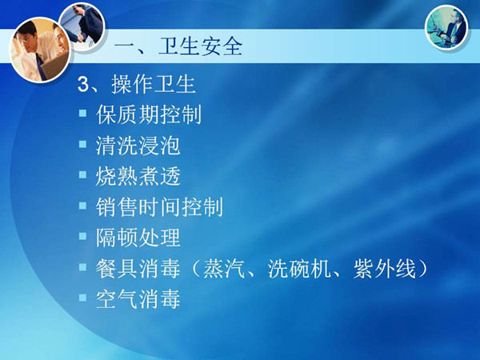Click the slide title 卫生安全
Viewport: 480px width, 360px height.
(201, 47)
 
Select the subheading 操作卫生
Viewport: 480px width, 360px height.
(154, 84)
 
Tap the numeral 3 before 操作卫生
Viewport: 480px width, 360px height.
(83, 84)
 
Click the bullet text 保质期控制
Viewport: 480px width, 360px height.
(149, 114)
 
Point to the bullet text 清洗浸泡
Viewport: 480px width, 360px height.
(138, 146)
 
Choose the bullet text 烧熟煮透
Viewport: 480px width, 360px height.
(138, 176)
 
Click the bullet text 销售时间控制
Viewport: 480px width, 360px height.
(159, 207)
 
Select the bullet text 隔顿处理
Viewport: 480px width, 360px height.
(138, 238)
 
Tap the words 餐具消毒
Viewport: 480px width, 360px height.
(138, 269)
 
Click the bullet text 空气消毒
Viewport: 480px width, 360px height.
(138, 299)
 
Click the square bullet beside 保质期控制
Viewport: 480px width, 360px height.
(82, 114)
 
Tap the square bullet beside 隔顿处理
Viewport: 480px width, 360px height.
(82, 236)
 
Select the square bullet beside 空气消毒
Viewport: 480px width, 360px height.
(82, 298)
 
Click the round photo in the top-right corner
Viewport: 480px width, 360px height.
(446, 27)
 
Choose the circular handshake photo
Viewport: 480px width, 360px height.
(82, 26)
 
